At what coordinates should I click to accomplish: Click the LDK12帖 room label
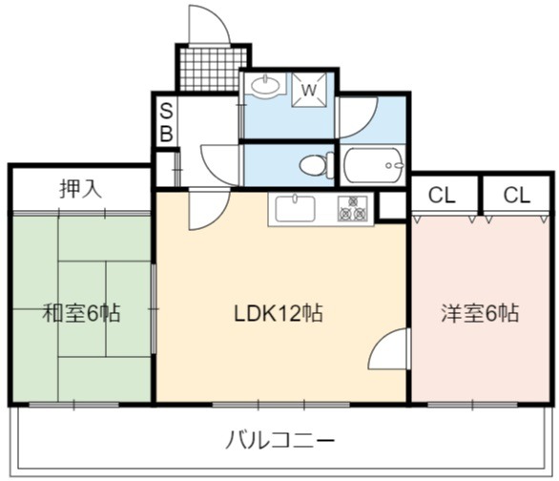(279, 313)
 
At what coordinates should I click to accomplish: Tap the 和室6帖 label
(81, 313)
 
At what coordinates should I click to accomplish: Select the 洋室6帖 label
(480, 313)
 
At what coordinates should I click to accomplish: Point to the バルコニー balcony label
(280, 440)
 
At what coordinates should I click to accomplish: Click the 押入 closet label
(81, 189)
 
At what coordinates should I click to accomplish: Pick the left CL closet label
(442, 195)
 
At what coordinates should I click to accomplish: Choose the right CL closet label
(517, 195)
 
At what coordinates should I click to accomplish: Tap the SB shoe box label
(166, 122)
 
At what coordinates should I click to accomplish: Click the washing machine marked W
(309, 90)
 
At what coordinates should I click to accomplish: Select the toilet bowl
(317, 165)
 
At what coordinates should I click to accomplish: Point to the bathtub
(374, 165)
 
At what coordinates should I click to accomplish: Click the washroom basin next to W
(265, 86)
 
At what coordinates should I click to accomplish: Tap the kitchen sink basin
(296, 208)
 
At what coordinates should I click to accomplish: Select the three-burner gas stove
(353, 209)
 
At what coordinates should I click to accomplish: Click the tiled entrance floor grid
(213, 69)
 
